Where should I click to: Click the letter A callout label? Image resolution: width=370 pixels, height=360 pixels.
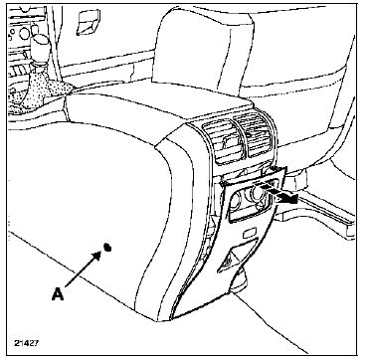[x=58, y=293]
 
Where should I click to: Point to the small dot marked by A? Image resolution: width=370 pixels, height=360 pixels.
[x=106, y=248]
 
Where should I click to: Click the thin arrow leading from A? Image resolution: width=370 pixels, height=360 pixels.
[x=83, y=270]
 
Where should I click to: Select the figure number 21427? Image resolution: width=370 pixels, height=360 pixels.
[x=26, y=342]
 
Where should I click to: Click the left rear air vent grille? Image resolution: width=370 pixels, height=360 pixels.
[x=223, y=141]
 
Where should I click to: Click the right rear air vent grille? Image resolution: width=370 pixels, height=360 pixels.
[x=257, y=134]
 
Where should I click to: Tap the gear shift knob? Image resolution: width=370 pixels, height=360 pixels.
[x=41, y=46]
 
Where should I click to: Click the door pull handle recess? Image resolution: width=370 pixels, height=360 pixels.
[x=89, y=23]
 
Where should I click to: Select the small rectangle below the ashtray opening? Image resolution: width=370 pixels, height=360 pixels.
[x=250, y=234]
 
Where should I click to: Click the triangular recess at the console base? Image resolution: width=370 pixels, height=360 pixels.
[x=236, y=257]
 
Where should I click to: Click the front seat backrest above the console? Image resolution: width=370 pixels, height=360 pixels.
[x=202, y=50]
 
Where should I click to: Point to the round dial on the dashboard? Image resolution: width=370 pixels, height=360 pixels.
[x=24, y=33]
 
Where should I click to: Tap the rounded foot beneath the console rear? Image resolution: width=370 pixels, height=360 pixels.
[x=241, y=281]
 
